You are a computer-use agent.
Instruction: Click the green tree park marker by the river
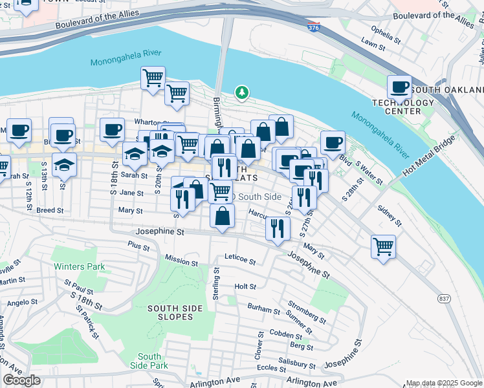point(242,93)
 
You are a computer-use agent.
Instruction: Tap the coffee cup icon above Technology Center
point(400,86)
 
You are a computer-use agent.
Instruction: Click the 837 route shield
point(444,299)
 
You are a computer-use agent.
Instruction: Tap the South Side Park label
point(149,361)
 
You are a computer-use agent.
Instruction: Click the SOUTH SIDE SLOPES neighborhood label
point(170,312)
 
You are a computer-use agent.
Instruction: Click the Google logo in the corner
point(22,380)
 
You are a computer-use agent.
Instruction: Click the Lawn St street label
point(373,44)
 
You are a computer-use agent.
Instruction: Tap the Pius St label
point(138,246)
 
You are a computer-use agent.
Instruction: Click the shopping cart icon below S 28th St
point(383,246)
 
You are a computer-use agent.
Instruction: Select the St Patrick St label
point(86,322)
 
